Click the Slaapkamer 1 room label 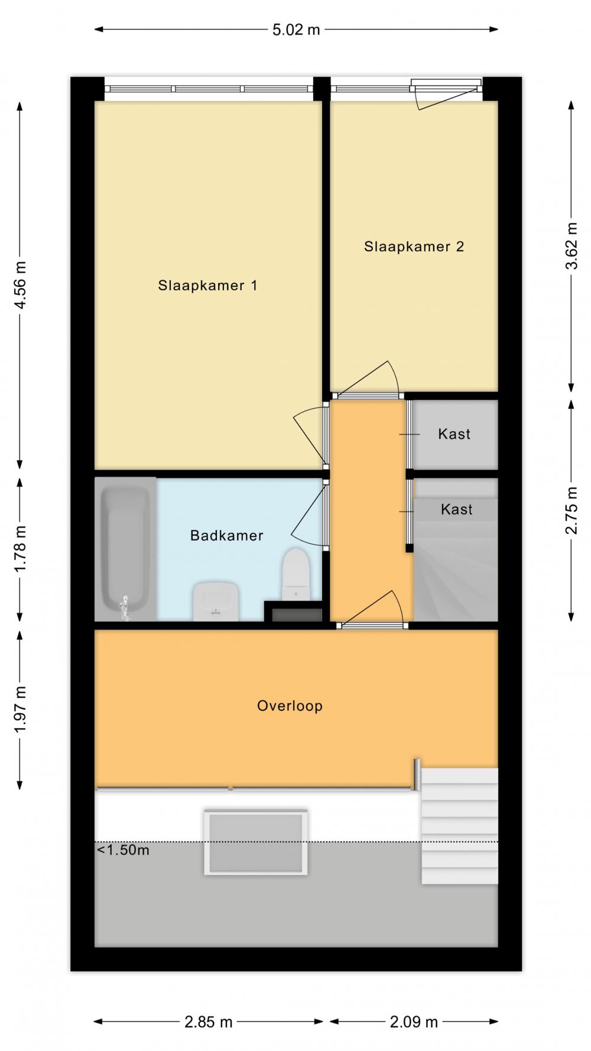click(207, 286)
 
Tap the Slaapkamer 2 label click(414, 247)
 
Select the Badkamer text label click(226, 536)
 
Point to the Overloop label click(290, 706)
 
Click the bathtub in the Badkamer click(125, 549)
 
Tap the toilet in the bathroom click(295, 574)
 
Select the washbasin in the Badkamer click(216, 602)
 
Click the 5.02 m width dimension click(296, 30)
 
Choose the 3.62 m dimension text click(571, 245)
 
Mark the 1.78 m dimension click(20, 548)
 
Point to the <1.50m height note click(123, 850)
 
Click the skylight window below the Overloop click(256, 842)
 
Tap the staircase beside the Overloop click(459, 826)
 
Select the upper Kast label click(454, 434)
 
